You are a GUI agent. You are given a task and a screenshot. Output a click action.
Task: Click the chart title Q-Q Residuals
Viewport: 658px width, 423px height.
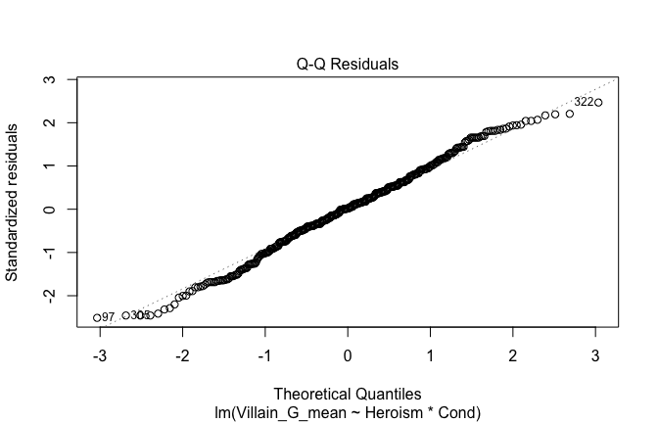(x=348, y=65)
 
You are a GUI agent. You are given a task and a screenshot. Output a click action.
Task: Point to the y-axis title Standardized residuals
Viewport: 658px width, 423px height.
(x=14, y=202)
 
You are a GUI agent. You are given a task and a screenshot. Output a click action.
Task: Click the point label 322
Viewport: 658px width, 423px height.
(x=583, y=102)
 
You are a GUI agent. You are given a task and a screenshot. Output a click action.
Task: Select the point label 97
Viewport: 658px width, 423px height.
(x=109, y=317)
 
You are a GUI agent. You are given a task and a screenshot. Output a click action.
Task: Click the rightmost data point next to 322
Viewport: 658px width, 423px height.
(x=598, y=103)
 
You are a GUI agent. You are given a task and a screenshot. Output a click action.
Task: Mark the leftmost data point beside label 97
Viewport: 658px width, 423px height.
(x=97, y=317)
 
